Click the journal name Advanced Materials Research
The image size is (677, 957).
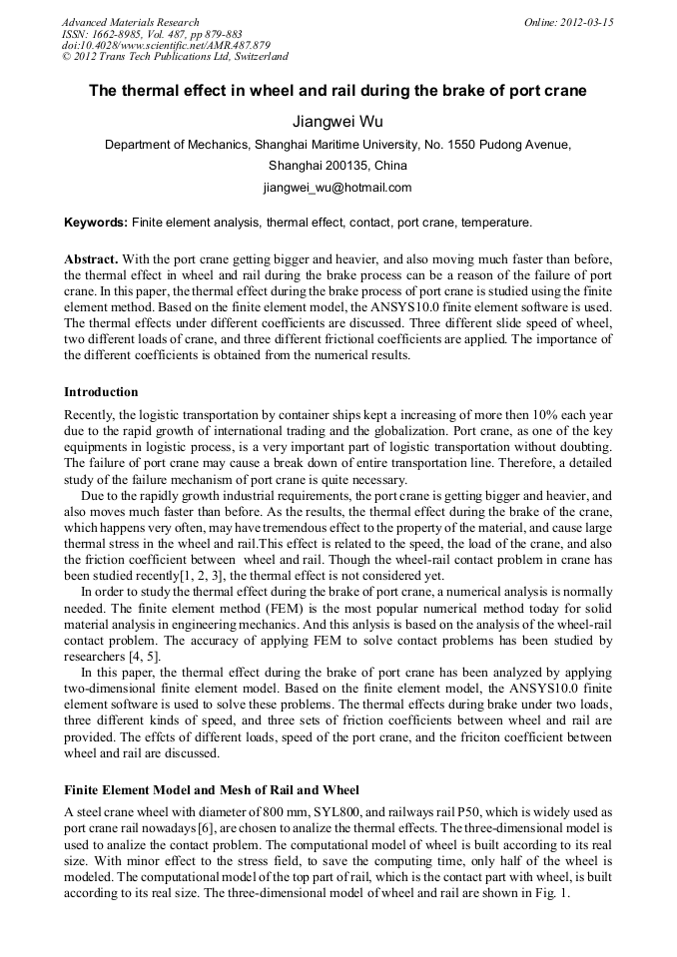[x=130, y=22]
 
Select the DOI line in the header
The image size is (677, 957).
[x=166, y=46]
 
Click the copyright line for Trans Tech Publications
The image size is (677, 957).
[x=175, y=58]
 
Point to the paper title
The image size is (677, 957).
[x=338, y=91]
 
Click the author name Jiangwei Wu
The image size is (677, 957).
[x=338, y=121]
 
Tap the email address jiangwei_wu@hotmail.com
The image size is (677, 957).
[x=338, y=187]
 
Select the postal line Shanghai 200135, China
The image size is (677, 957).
[x=338, y=165]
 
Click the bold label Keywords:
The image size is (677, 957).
[x=96, y=222]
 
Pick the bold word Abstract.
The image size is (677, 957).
[x=91, y=258]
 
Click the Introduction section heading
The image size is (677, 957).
[x=101, y=392]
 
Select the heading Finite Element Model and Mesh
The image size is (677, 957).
[x=211, y=790]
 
